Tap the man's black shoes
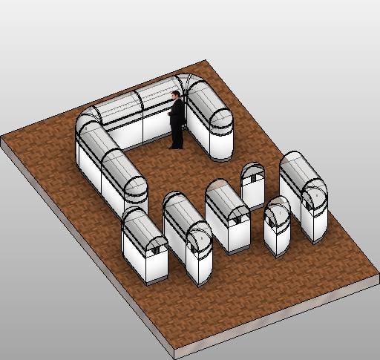175,146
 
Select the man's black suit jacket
177,113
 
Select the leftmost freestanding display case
144,244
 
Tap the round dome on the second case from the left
199,238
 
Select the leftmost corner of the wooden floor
3,138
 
